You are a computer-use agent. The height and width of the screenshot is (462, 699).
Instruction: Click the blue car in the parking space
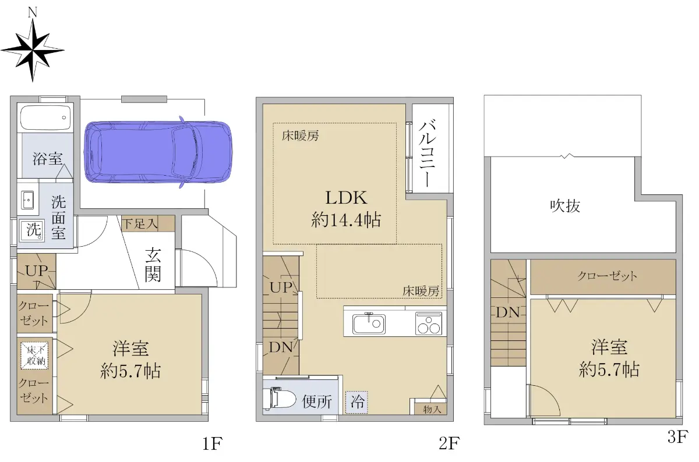pyautogui.click(x=158, y=152)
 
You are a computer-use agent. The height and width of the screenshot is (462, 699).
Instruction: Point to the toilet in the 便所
pyautogui.click(x=279, y=399)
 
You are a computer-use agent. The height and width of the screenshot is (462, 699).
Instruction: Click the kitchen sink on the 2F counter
pyautogui.click(x=369, y=324)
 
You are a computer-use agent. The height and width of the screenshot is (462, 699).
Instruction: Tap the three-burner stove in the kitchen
pyautogui.click(x=429, y=324)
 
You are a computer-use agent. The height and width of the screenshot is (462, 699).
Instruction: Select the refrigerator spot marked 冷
pyautogui.click(x=356, y=402)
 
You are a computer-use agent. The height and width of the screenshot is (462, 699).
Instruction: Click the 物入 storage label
pyautogui.click(x=432, y=409)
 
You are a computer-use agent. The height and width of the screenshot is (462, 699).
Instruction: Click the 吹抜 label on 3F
pyautogui.click(x=565, y=206)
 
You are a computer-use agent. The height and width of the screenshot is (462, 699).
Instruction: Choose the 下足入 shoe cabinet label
pyautogui.click(x=140, y=223)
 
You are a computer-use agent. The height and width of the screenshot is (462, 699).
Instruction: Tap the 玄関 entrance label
pyautogui.click(x=153, y=265)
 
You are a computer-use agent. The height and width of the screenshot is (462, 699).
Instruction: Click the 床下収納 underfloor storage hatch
pyautogui.click(x=34, y=356)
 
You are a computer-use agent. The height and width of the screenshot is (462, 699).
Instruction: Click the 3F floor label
pyautogui.click(x=677, y=436)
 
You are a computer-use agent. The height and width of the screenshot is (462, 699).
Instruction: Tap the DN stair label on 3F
pyautogui.click(x=508, y=312)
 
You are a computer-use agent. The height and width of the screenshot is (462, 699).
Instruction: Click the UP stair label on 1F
pyautogui.click(x=37, y=271)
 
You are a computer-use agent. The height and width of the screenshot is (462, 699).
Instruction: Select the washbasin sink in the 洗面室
pyautogui.click(x=27, y=200)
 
